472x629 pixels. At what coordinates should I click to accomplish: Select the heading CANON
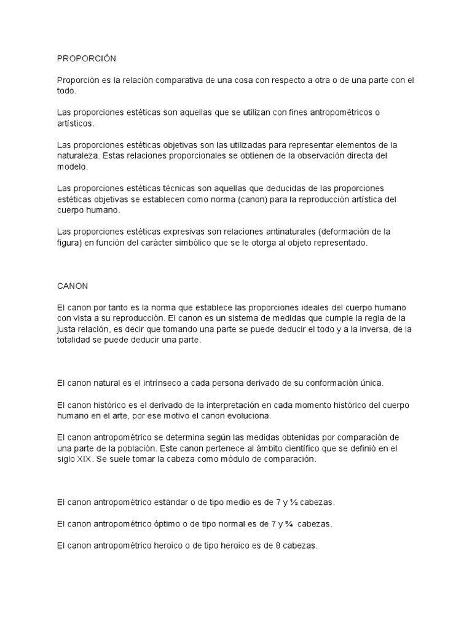tap(73, 286)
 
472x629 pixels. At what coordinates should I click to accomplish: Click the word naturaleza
tap(77, 156)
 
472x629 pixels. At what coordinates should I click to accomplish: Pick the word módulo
tap(230, 459)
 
